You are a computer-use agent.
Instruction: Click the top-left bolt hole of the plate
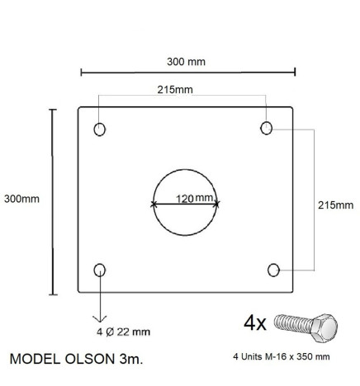[100, 129]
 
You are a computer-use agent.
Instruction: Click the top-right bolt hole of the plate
[267, 128]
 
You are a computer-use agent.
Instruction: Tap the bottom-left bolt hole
[100, 269]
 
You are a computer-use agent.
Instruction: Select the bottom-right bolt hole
[275, 269]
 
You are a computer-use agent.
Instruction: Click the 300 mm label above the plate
[186, 61]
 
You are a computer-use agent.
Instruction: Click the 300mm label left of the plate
[21, 199]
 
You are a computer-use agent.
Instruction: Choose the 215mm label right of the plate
[334, 205]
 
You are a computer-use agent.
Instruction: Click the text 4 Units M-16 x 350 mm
[282, 357]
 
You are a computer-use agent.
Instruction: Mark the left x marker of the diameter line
[153, 204]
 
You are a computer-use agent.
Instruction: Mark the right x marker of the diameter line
[217, 203]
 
